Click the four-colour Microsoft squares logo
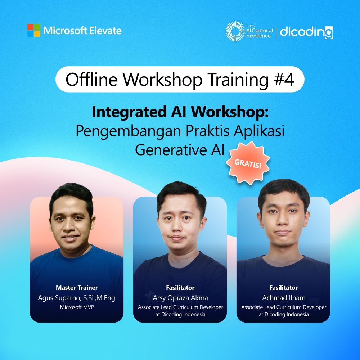(33, 30)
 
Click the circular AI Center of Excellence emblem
(235, 31)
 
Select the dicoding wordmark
(306, 32)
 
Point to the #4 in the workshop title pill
(284, 80)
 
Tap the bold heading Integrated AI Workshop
(180, 112)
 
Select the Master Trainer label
(77, 288)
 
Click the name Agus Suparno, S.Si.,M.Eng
(77, 298)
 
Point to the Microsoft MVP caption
(77, 307)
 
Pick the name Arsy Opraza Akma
(180, 298)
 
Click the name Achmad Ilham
(283, 298)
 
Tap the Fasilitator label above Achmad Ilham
(283, 288)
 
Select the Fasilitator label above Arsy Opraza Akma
(180, 288)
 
